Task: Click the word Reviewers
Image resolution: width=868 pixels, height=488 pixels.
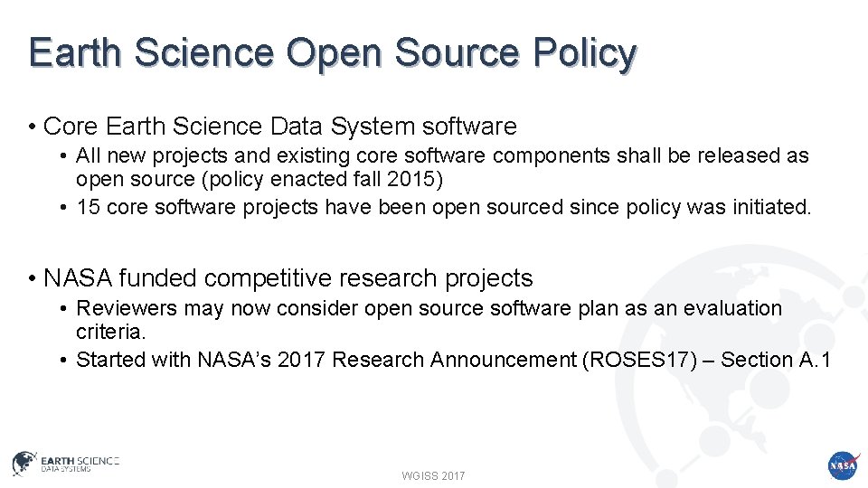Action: [x=127, y=308]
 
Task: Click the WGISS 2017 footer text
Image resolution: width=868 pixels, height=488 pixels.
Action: [x=434, y=475]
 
